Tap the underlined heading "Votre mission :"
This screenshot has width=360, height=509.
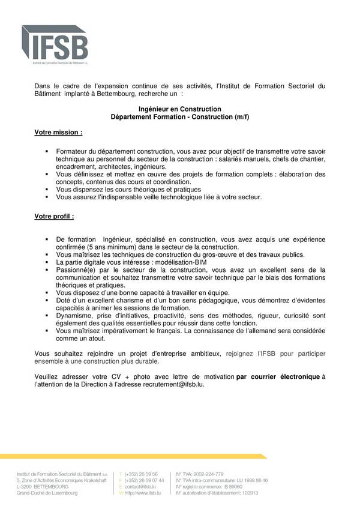click(59, 131)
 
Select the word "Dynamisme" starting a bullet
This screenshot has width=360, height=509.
click(76, 315)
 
